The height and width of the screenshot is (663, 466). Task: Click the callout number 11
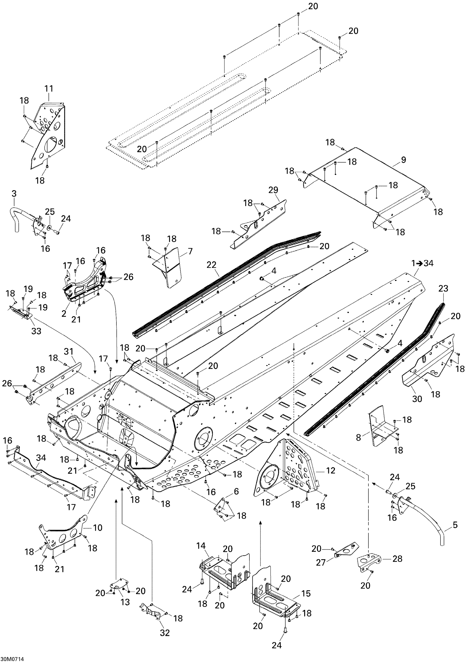point(49,89)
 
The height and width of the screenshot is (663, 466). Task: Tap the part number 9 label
point(403,160)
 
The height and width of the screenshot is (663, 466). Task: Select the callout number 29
point(273,190)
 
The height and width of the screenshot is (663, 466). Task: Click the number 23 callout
point(443,288)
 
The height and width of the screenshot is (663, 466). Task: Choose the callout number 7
point(190,251)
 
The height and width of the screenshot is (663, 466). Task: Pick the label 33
point(36,331)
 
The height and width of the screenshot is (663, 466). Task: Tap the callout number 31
point(69,351)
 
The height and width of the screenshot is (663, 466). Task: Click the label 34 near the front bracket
point(41,458)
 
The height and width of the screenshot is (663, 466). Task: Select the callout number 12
point(330,470)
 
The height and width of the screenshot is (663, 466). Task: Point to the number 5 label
point(455,525)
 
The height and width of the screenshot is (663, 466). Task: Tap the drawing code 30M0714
point(12,659)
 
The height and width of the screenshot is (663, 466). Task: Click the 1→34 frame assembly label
point(422,263)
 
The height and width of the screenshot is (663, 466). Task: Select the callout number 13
point(125,602)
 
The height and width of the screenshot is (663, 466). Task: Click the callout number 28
point(397,559)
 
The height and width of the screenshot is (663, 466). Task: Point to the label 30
point(417,399)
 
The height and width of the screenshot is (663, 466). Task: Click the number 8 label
point(358,438)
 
